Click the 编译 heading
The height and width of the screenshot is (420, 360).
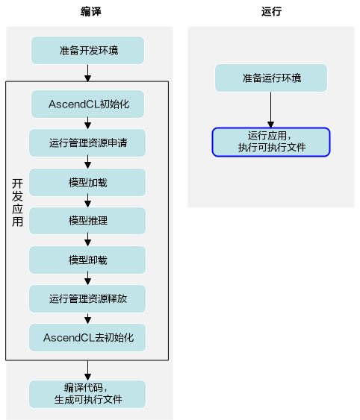[x=91, y=11]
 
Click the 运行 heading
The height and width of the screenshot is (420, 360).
[x=271, y=11]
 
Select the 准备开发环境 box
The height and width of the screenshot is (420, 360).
[x=87, y=51]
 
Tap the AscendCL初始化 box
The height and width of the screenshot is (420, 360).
[x=87, y=104]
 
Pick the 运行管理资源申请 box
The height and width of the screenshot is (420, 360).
[x=87, y=142]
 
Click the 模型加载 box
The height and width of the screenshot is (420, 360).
[x=87, y=182]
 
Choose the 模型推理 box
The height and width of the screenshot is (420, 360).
[x=87, y=221]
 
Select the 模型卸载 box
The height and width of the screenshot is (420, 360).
[x=87, y=260]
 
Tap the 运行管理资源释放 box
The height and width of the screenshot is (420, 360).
[x=87, y=298]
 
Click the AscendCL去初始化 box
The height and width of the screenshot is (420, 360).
[x=87, y=337]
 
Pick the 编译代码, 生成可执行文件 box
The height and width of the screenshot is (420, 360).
[x=87, y=394]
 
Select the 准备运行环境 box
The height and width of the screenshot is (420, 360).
[x=271, y=78]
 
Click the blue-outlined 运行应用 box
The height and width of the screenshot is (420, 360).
[x=271, y=142]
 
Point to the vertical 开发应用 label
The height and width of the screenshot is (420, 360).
[x=17, y=202]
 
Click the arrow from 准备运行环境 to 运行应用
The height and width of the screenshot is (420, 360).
[x=270, y=110]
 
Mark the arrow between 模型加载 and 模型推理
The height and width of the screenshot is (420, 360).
[x=87, y=201]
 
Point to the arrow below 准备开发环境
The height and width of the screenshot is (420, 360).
[x=87, y=72]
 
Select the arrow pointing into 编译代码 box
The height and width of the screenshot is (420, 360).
[x=87, y=371]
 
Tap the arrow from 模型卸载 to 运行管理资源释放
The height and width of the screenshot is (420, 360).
[x=87, y=279]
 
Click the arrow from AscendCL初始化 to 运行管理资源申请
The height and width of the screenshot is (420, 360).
[x=87, y=123]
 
